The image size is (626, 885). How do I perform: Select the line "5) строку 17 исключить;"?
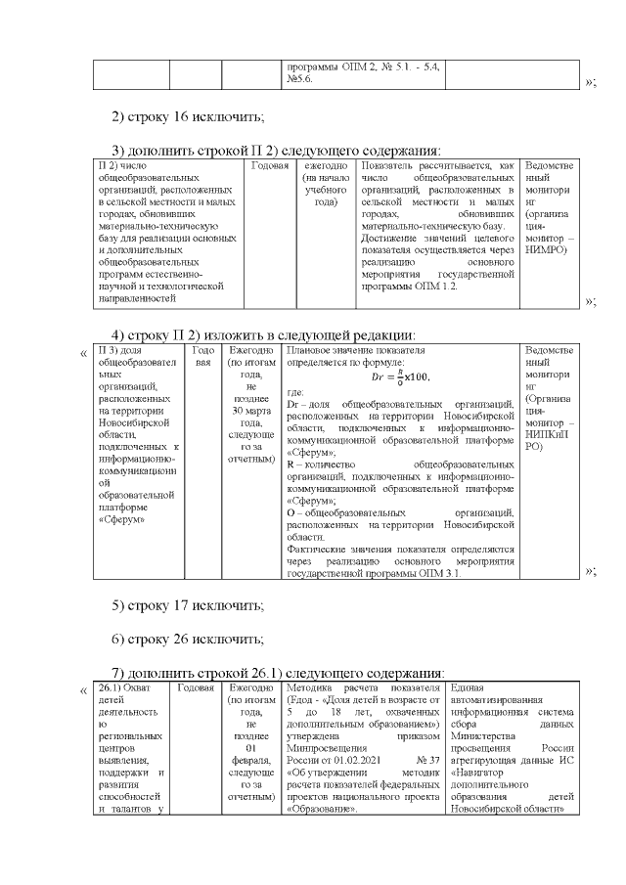188,605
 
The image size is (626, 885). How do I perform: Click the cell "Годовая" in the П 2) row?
271,166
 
